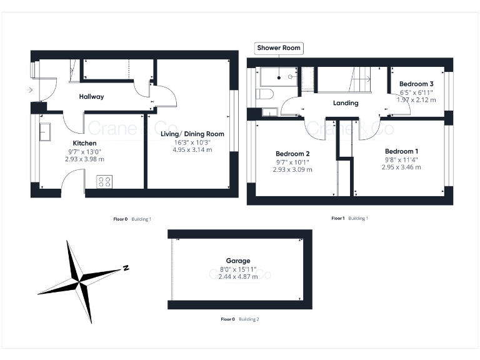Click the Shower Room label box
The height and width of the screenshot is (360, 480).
tap(279, 47)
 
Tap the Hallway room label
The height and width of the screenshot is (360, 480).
tap(91, 97)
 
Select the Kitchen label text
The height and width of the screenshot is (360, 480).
tap(84, 143)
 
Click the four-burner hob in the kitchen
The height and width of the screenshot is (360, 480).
tap(104, 182)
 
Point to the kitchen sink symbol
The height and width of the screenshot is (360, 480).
tap(46, 132)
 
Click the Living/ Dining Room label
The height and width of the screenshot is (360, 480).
tap(192, 134)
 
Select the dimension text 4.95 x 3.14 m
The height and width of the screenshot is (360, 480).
tap(192, 150)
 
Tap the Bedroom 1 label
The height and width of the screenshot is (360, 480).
tap(401, 152)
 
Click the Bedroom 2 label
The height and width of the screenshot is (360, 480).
tap(292, 154)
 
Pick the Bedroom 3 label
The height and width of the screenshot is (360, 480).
tap(416, 84)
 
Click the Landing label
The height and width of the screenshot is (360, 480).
tap(345, 103)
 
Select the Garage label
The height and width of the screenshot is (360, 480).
tap(238, 261)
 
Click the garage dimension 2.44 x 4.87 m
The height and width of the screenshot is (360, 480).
tap(238, 277)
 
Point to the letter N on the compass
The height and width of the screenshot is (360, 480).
tap(126, 267)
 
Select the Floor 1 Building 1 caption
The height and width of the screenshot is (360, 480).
tap(349, 218)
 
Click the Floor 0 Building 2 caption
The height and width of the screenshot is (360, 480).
tap(239, 319)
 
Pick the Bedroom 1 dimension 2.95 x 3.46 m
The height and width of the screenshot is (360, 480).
tap(401, 167)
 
